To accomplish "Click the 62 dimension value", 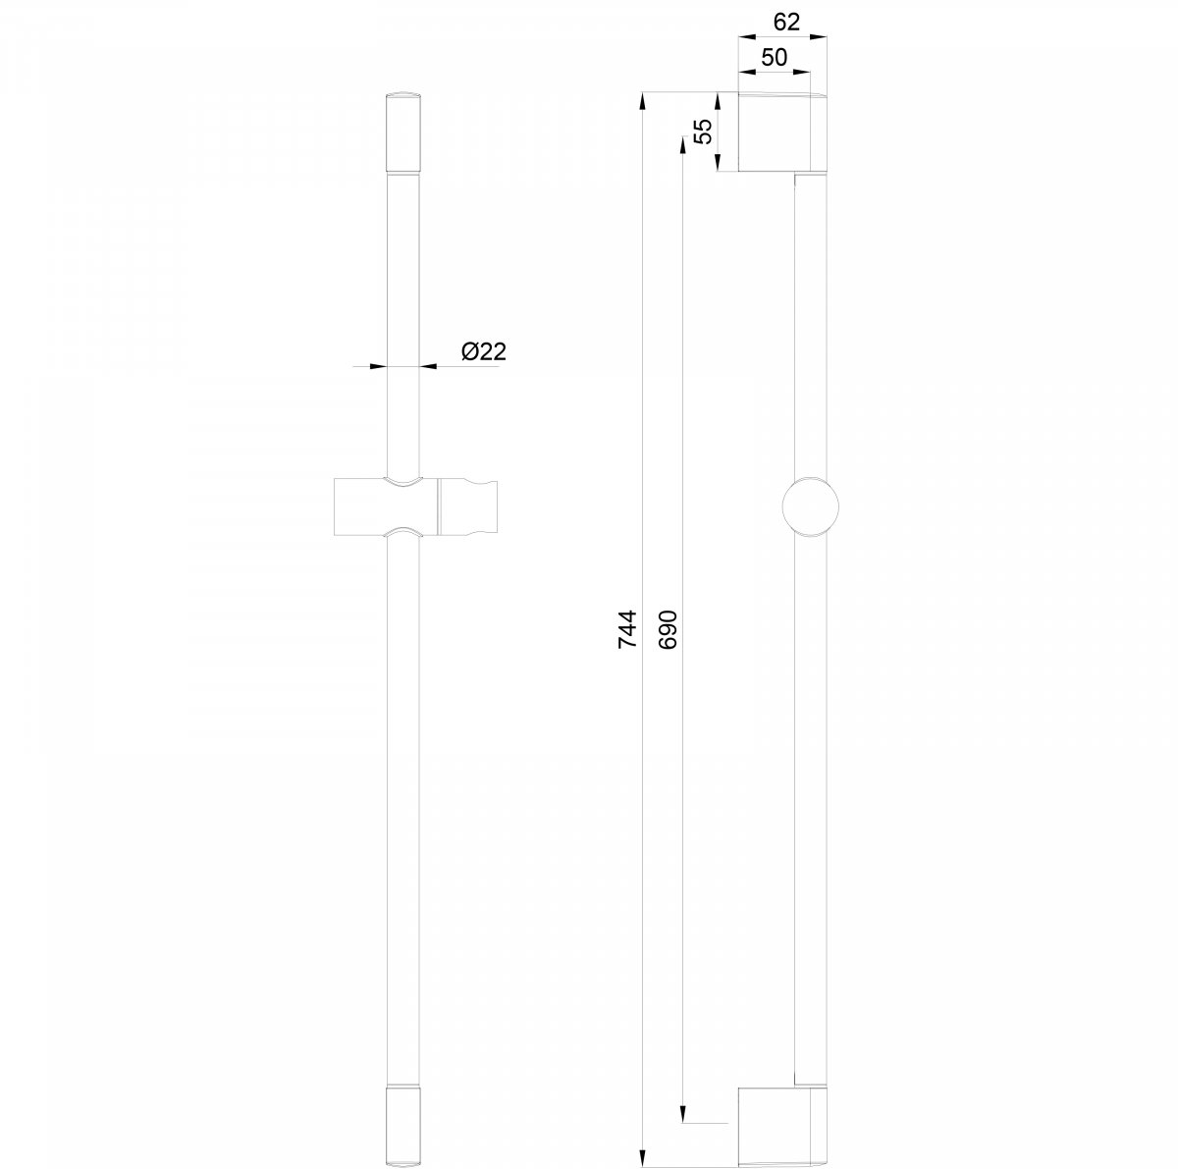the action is point(786,22).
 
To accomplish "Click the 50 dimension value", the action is point(774,58).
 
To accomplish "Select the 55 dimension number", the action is point(704,131).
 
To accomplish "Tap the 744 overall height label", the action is point(627,629).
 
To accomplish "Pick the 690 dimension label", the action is point(669,629).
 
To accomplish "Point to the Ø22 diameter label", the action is point(484,351).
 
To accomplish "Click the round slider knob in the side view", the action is point(810,506).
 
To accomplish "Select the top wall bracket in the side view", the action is point(782,133).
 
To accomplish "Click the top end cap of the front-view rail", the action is point(403,133).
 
